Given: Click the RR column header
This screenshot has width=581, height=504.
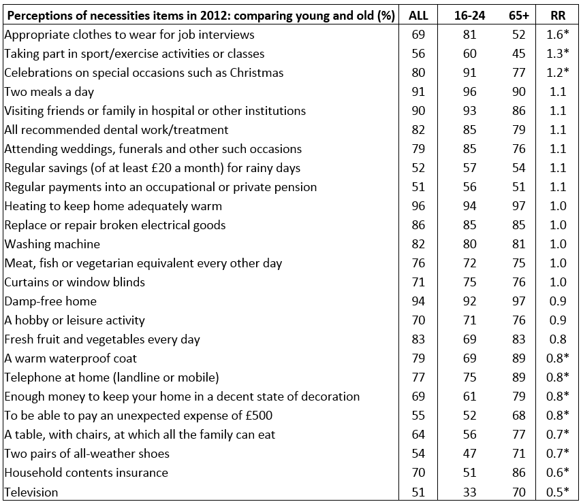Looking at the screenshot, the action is point(558,15).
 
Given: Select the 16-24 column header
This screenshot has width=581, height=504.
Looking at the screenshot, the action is point(469,15).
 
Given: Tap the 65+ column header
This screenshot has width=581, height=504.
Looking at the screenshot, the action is point(519,15).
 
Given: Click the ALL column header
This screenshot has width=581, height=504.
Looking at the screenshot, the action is point(418,15).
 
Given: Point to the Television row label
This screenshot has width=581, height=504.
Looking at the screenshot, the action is point(31,492).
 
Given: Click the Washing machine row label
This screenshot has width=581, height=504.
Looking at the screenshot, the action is point(52,244).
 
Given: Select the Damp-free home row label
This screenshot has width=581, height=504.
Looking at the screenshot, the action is point(50,301).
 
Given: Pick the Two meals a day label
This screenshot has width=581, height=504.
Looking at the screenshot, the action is point(49,91).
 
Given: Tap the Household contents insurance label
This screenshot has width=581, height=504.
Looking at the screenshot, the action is point(86,473).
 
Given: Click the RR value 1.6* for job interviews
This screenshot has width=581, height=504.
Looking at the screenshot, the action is point(558,35).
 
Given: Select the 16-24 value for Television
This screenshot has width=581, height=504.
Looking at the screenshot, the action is point(469,492).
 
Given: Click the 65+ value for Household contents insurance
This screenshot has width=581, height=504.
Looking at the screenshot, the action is point(519,473).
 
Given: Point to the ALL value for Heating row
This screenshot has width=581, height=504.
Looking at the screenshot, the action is point(418,205).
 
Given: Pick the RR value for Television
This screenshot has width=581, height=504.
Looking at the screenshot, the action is point(558,492).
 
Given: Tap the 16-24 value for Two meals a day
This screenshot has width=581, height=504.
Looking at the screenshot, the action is point(469,91).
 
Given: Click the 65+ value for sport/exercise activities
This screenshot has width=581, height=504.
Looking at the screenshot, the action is point(519,53).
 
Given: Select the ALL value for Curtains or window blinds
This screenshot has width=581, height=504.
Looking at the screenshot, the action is point(418,282).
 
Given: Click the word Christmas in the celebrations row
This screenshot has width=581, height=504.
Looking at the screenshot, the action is point(256,73).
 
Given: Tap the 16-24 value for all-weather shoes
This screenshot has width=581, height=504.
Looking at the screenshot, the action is point(469,454).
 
